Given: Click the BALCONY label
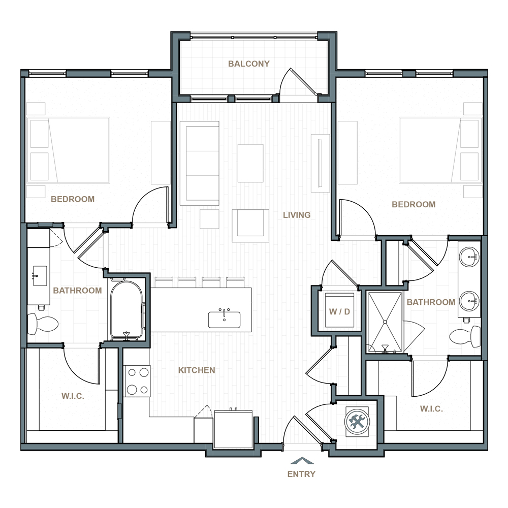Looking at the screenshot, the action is pos(249,64).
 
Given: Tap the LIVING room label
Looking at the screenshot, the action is pos(297,215).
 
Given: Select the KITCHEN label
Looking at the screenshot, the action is pos(197,370).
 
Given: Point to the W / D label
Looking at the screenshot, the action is pos(339,312).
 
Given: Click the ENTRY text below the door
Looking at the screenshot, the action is pos(301,474).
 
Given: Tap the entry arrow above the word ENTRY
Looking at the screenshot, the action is pos(302,460).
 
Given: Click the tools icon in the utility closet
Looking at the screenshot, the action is pos(357,422).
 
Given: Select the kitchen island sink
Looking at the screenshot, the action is pos(224,320).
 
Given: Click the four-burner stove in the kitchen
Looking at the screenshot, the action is pos(138,381).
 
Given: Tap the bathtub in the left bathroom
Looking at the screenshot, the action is pos(126,310).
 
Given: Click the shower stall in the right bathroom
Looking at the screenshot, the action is pos(385,322).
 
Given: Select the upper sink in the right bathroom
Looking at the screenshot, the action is pos(469,257).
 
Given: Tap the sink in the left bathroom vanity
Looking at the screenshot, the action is pos(40,276).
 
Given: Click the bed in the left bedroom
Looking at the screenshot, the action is pos(69,150).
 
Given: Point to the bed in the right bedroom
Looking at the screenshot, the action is pos(440,150).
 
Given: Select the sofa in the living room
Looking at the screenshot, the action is pos(200,163).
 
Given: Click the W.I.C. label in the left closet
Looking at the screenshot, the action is pos(73,396).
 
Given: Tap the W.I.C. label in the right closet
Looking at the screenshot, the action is pos(431,409).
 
